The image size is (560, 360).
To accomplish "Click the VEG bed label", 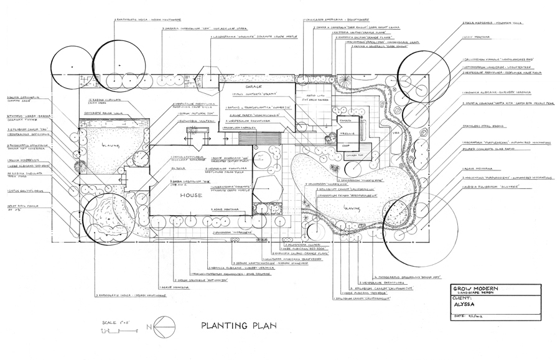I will click(395, 132).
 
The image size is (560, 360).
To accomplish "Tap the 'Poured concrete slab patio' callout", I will click(492, 150).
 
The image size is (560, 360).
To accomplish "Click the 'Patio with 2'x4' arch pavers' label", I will click(310, 96).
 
